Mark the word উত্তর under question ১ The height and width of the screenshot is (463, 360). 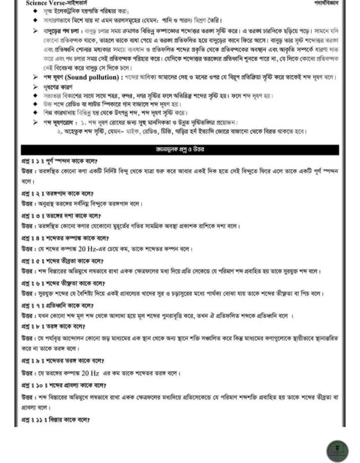coord(27,171)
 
